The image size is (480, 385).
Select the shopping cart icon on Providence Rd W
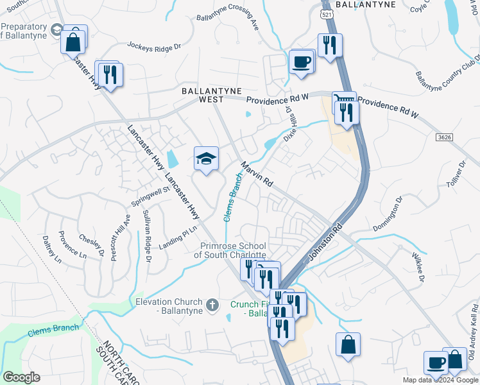click(x=343, y=101)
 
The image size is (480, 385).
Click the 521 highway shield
click(x=327, y=13)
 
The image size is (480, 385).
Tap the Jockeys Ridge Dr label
click(x=155, y=46)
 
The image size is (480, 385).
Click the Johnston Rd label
click(x=326, y=243)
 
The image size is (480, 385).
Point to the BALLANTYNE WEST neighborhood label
click(x=203, y=95)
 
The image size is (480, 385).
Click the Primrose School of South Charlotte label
click(x=230, y=250)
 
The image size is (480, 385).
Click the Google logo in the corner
click(x=21, y=377)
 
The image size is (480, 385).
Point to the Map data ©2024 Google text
click(x=440, y=380)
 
